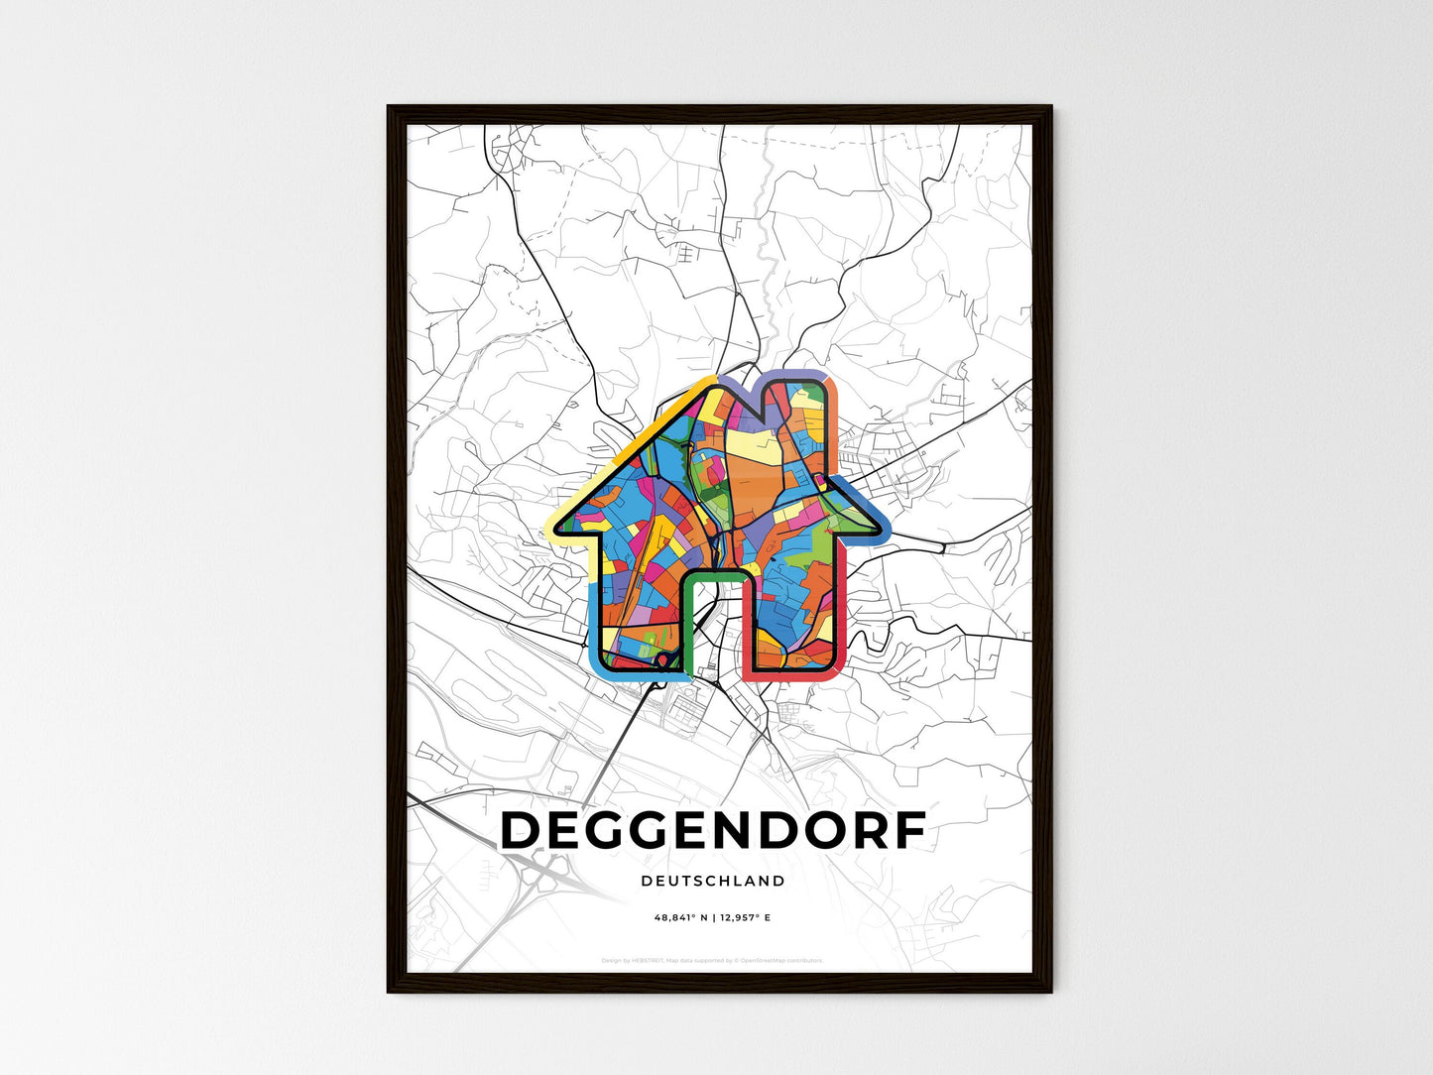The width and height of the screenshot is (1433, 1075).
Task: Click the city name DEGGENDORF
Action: pos(713,831)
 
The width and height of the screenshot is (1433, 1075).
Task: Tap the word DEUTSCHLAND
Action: pos(713,881)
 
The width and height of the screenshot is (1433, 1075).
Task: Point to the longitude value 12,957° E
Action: pos(744,918)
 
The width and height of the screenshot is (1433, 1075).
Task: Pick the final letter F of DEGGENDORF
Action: pos(907,831)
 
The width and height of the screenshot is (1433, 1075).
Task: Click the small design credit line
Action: pos(713,960)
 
